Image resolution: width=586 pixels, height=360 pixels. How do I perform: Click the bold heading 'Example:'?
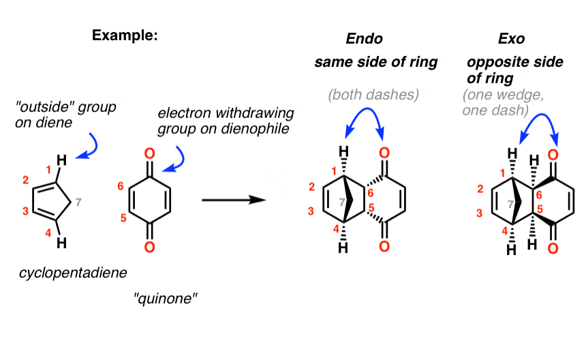pyautogui.click(x=125, y=36)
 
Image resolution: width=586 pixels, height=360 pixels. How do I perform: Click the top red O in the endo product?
pyautogui.click(x=385, y=152)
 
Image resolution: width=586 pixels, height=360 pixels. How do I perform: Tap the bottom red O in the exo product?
pyautogui.click(x=553, y=250)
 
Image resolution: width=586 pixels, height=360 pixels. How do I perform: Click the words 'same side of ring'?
pyautogui.click(x=375, y=63)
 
